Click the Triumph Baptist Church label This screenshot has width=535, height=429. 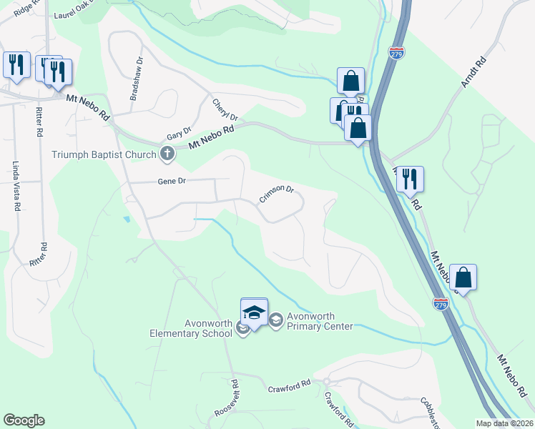(x=104, y=154)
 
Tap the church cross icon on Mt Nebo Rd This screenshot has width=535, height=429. (x=167, y=153)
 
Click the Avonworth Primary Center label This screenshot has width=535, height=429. (x=320, y=322)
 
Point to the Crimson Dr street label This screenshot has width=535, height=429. (x=277, y=194)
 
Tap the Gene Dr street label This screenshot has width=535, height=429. (x=172, y=182)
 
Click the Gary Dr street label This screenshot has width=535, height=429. (x=179, y=132)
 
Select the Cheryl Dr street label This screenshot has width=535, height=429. (x=225, y=109)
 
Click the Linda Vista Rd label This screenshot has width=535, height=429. (x=16, y=186)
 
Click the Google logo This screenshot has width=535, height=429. (x=24, y=420)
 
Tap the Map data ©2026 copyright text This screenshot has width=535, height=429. (x=504, y=423)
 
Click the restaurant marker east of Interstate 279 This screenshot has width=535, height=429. (x=410, y=179)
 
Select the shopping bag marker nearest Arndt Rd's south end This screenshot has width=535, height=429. (x=463, y=277)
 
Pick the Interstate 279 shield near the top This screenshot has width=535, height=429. (x=396, y=53)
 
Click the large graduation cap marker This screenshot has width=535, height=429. (x=254, y=312)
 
